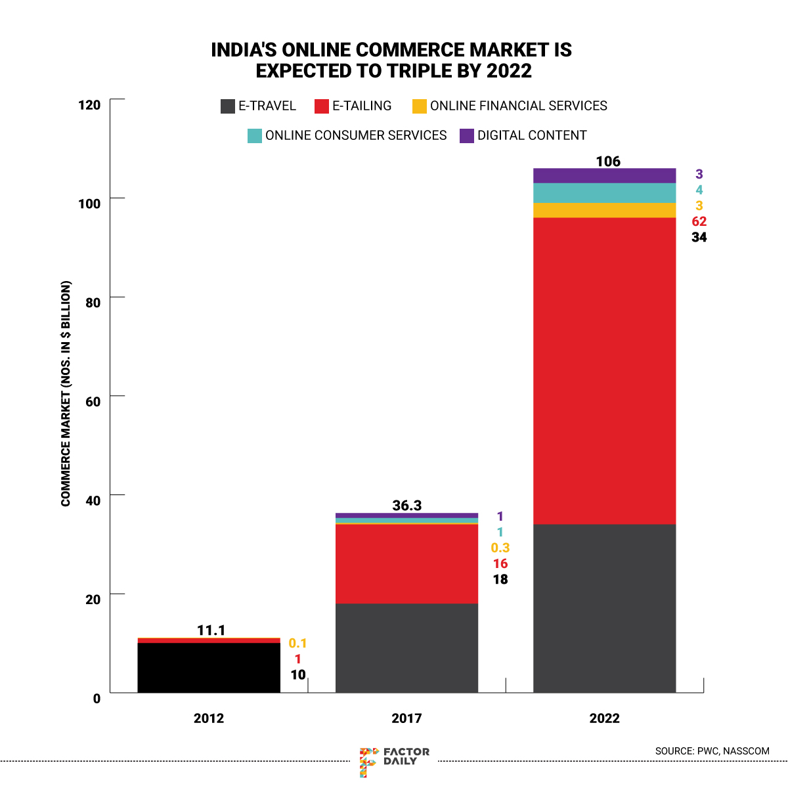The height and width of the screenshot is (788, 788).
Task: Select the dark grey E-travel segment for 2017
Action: pos(406,647)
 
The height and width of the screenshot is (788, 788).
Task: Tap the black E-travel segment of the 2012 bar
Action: pos(209,667)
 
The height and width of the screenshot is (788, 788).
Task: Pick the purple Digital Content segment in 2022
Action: pos(604,175)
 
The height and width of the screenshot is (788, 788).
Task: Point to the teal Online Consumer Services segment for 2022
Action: pos(604,193)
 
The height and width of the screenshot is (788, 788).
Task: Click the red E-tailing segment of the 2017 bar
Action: pos(406,563)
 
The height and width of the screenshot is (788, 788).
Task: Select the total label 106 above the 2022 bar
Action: pos(608,162)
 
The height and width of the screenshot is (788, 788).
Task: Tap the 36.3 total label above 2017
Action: pos(407,506)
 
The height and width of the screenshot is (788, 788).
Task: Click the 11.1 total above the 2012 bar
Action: pos(211,630)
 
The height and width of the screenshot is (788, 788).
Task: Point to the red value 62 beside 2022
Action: pos(699,221)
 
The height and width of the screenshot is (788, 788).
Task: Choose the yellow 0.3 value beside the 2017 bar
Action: pos(500,548)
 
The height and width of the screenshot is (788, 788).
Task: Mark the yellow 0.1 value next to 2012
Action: pos(298,644)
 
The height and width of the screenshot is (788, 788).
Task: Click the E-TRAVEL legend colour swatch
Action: pos(228,106)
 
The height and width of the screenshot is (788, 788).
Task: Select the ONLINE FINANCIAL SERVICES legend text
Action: pos(519,106)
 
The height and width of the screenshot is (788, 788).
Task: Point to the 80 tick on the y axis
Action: pos(93,303)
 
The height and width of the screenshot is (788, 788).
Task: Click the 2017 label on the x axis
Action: pos(406,718)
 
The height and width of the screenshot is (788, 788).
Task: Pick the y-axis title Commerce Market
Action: pos(66,394)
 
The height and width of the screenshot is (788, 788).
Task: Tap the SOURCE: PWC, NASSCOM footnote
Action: pos(712,751)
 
